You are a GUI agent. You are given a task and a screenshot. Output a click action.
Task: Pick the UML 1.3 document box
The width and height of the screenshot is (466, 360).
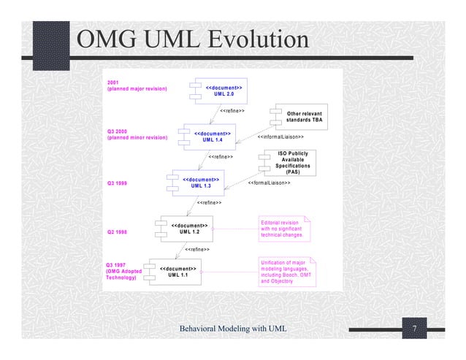pos(199,183)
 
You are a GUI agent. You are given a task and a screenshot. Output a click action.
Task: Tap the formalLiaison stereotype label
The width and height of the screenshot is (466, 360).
pos(270,183)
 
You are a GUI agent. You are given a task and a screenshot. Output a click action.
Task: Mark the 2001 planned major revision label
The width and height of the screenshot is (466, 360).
pos(137,86)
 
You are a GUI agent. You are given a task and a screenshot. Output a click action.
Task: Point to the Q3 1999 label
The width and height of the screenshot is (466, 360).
pos(118,183)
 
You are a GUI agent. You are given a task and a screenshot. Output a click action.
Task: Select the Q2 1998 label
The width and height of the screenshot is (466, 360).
pos(118,231)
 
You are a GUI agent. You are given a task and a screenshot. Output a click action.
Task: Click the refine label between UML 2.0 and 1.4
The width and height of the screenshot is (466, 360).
pos(232,111)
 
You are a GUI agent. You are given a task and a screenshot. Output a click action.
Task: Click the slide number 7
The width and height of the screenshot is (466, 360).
pos(413,329)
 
